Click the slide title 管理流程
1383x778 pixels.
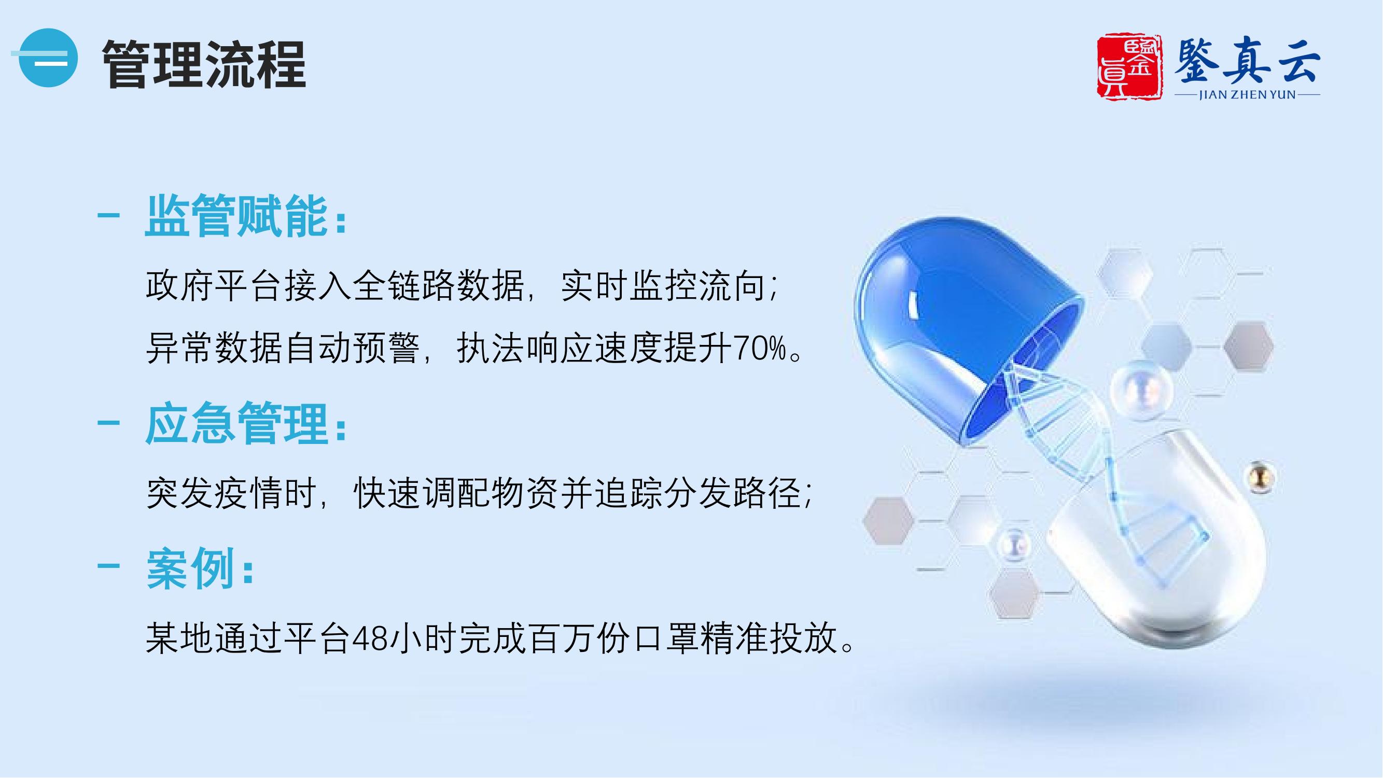tap(204, 64)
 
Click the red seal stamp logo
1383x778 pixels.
tap(1129, 66)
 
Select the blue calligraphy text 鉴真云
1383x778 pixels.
tap(1248, 60)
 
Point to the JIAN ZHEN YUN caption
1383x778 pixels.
tap(1248, 95)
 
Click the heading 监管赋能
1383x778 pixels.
tap(236, 216)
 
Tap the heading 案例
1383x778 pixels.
tap(191, 568)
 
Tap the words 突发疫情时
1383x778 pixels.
tap(231, 492)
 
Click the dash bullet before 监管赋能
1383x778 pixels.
tap(108, 216)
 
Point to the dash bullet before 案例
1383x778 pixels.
tap(108, 567)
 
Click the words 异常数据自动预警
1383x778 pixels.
tap(283, 349)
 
